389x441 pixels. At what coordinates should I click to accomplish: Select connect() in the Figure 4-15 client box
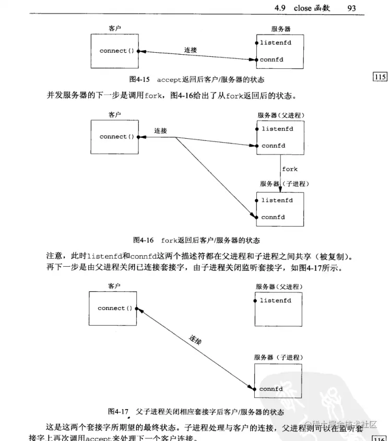point(116,51)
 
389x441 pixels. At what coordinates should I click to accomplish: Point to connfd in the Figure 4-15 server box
point(272,60)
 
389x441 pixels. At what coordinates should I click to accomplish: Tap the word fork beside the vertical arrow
point(290,169)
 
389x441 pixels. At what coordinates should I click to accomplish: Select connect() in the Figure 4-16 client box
point(116,137)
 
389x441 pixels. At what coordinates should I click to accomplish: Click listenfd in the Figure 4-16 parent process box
point(277,128)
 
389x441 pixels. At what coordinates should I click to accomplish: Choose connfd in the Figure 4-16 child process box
point(273,217)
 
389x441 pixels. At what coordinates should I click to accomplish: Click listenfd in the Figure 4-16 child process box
point(277,200)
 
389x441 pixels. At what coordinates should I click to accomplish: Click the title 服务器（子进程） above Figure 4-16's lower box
point(285,184)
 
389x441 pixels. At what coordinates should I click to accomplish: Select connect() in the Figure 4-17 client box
point(115,308)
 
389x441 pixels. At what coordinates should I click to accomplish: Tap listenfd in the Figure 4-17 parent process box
point(275,301)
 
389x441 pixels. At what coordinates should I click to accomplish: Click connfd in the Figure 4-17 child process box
point(271,389)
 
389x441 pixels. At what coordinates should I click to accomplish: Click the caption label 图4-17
point(118,411)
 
